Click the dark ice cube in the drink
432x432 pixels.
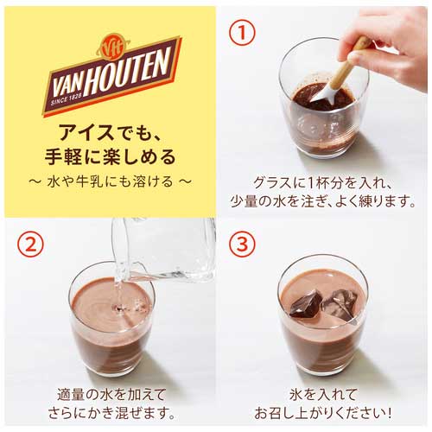[x=307, y=304]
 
